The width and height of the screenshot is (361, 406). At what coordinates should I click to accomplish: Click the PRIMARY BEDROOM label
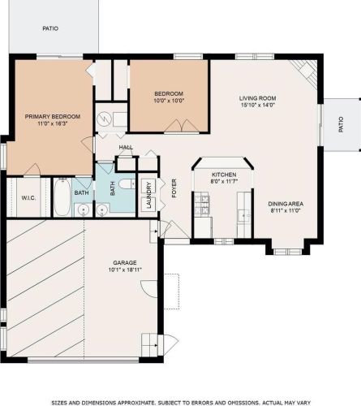53,117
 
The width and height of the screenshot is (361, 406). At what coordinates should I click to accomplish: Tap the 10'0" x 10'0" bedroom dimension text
169,101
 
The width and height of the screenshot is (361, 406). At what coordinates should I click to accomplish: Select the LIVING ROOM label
257,98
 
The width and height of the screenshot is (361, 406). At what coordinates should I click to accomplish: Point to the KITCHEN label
224,175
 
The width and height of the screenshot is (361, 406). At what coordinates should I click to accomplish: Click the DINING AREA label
286,204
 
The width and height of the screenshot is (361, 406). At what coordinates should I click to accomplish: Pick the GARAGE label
125,262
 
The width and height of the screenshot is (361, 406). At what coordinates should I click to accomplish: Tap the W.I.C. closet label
28,198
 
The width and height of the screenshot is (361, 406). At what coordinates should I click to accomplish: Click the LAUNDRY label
148,195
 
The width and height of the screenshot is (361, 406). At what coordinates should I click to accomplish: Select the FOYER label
174,188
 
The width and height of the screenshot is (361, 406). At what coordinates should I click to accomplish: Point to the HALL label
126,148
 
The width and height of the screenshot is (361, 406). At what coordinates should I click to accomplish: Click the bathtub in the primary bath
62,197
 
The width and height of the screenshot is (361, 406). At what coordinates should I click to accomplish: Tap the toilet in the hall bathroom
127,184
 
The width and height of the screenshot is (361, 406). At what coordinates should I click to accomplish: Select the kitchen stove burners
202,204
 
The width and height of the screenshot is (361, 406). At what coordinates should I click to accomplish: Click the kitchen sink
244,216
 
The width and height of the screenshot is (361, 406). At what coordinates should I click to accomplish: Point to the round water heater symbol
104,119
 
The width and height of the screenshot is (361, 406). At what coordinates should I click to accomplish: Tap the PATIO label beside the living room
341,124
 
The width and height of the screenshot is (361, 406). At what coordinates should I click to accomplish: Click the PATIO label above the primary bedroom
50,28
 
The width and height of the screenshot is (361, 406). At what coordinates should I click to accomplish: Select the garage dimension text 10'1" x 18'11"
125,270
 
